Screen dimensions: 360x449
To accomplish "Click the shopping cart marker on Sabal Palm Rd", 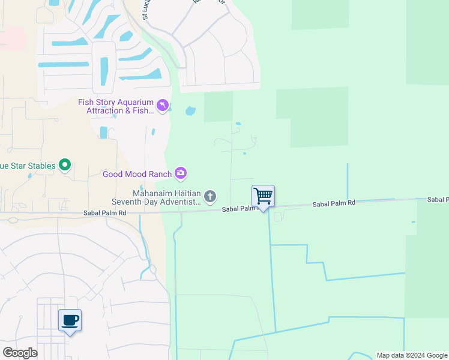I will pyautogui.click(x=263, y=196).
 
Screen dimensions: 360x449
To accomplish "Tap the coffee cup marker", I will pyautogui.click(x=70, y=320).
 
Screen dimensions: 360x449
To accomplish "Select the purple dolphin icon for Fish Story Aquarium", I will pyautogui.click(x=163, y=106).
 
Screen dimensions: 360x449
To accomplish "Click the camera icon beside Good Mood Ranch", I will pyautogui.click(x=181, y=174).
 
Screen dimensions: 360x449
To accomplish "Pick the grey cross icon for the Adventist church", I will pyautogui.click(x=210, y=196).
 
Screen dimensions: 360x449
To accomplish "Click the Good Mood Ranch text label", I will pyautogui.click(x=136, y=175).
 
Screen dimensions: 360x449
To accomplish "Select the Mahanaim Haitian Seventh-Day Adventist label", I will pyautogui.click(x=157, y=197).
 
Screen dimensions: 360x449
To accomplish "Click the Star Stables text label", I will pyautogui.click(x=28, y=166).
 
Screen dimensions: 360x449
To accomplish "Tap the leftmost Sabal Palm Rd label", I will pyautogui.click(x=104, y=213).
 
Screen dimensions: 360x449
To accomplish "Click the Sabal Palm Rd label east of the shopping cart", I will pyautogui.click(x=334, y=204).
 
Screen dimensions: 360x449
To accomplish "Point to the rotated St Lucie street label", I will pyautogui.click(x=145, y=10).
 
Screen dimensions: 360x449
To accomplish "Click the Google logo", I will pyautogui.click(x=20, y=353).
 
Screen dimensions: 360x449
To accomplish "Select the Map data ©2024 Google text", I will pyautogui.click(x=412, y=355).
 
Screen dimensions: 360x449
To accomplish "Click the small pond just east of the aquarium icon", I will pyautogui.click(x=190, y=111).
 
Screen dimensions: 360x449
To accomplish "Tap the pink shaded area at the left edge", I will pyautogui.click(x=11, y=39).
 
